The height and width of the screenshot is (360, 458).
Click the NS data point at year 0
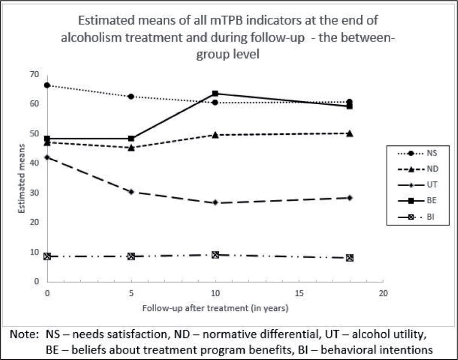[47, 85]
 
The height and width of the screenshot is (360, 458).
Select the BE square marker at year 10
[215, 93]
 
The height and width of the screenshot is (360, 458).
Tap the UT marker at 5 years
[131, 192]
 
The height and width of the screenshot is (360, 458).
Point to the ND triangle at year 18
[350, 133]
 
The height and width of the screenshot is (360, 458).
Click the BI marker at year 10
[215, 254]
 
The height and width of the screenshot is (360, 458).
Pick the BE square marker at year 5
[131, 139]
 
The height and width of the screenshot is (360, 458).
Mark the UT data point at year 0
[47, 157]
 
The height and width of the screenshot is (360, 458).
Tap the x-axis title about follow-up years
[215, 309]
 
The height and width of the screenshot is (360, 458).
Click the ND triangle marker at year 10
[215, 135]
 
